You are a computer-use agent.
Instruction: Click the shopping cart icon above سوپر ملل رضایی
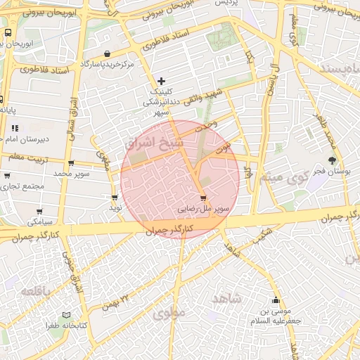click(203, 198)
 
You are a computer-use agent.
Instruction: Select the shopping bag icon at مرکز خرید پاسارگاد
click(106, 53)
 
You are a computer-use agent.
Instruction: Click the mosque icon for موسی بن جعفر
click(276, 300)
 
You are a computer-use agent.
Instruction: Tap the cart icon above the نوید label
click(115, 198)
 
